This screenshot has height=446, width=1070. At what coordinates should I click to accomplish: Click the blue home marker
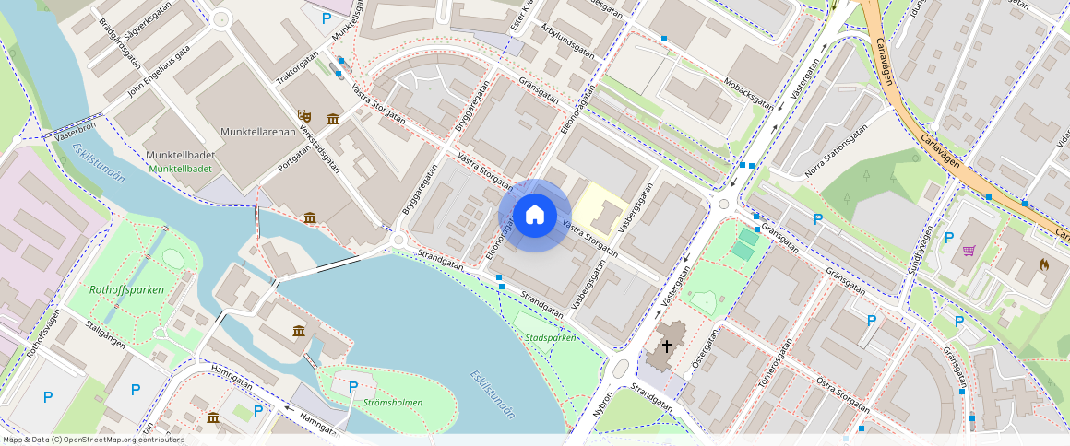click(535, 216)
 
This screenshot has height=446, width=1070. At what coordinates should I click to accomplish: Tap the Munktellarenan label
click(257, 132)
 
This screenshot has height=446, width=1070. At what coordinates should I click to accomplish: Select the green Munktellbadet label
click(180, 169)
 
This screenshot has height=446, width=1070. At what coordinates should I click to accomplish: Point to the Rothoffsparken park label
click(126, 289)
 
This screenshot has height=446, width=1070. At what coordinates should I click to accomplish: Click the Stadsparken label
click(550, 338)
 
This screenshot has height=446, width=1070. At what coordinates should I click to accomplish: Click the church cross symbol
click(666, 346)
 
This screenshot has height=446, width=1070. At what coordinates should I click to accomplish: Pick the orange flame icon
click(1043, 264)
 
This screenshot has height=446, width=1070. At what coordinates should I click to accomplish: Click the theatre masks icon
click(303, 115)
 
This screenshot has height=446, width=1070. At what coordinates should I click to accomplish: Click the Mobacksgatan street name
click(748, 91)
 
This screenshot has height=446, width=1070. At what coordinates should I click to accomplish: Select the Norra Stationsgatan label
click(836, 151)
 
